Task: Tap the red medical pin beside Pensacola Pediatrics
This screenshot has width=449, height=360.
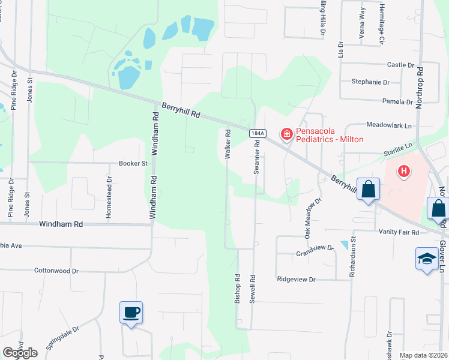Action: click(286, 133)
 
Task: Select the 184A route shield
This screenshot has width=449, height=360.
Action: click(257, 133)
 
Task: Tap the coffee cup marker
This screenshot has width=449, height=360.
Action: click(131, 313)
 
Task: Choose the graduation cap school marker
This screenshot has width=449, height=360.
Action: click(426, 259)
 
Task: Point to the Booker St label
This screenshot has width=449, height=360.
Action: click(133, 163)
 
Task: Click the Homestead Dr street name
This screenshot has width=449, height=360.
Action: click(109, 191)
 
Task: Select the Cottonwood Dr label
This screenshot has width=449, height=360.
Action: click(56, 271)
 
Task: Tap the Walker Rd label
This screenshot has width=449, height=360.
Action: click(228, 144)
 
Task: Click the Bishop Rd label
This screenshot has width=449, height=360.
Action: click(238, 289)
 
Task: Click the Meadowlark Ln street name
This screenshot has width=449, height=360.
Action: click(390, 125)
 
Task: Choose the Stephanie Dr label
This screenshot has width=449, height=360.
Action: click(370, 82)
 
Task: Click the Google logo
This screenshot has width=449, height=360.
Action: click(20, 353)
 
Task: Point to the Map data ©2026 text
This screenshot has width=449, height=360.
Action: click(423, 355)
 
